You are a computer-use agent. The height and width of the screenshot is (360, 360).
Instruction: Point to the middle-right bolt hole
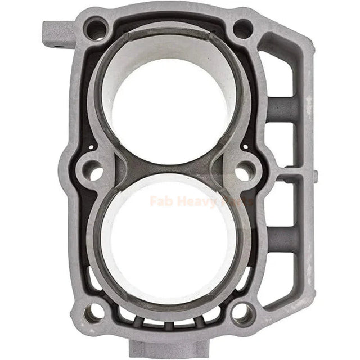pyautogui.click(x=243, y=172)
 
